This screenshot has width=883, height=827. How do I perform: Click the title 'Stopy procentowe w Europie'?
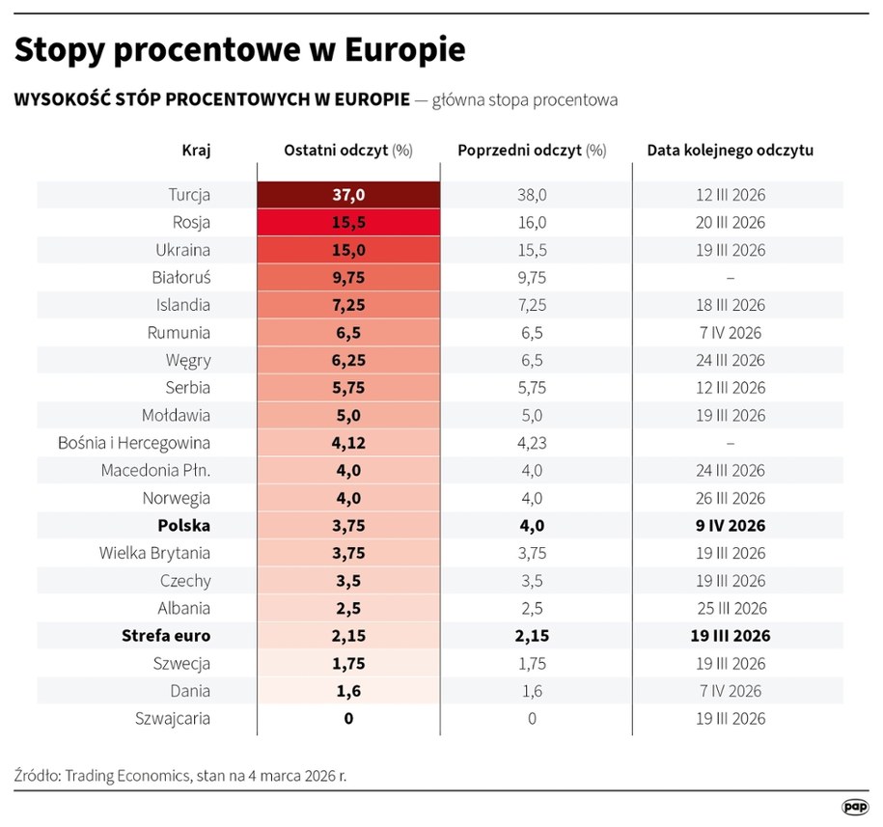(239, 50)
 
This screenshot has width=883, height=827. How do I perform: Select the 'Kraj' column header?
(196, 151)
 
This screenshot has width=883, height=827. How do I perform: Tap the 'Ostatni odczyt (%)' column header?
(348, 151)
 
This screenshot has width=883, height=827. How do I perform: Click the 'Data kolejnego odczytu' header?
(730, 151)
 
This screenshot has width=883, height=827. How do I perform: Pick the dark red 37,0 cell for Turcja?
(348, 195)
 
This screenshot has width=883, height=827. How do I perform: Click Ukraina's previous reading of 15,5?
(532, 250)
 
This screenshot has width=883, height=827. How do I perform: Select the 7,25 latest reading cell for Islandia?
(348, 305)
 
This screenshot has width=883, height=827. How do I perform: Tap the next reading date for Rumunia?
(730, 333)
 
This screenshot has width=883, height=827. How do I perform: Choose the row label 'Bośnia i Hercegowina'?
(135, 444)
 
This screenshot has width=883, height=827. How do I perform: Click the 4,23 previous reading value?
(532, 444)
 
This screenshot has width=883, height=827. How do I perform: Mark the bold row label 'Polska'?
(184, 527)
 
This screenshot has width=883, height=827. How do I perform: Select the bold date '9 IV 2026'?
(730, 527)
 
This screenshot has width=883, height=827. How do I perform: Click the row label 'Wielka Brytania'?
(154, 554)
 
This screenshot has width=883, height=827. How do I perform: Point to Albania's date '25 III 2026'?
(730, 609)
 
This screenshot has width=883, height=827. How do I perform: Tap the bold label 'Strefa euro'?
(166, 637)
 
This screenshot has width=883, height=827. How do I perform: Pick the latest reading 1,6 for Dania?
(348, 691)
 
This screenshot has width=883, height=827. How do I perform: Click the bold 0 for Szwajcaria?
(348, 719)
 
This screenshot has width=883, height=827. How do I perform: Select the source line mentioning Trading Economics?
(192, 775)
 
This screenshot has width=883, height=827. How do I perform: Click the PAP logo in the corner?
(853, 807)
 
